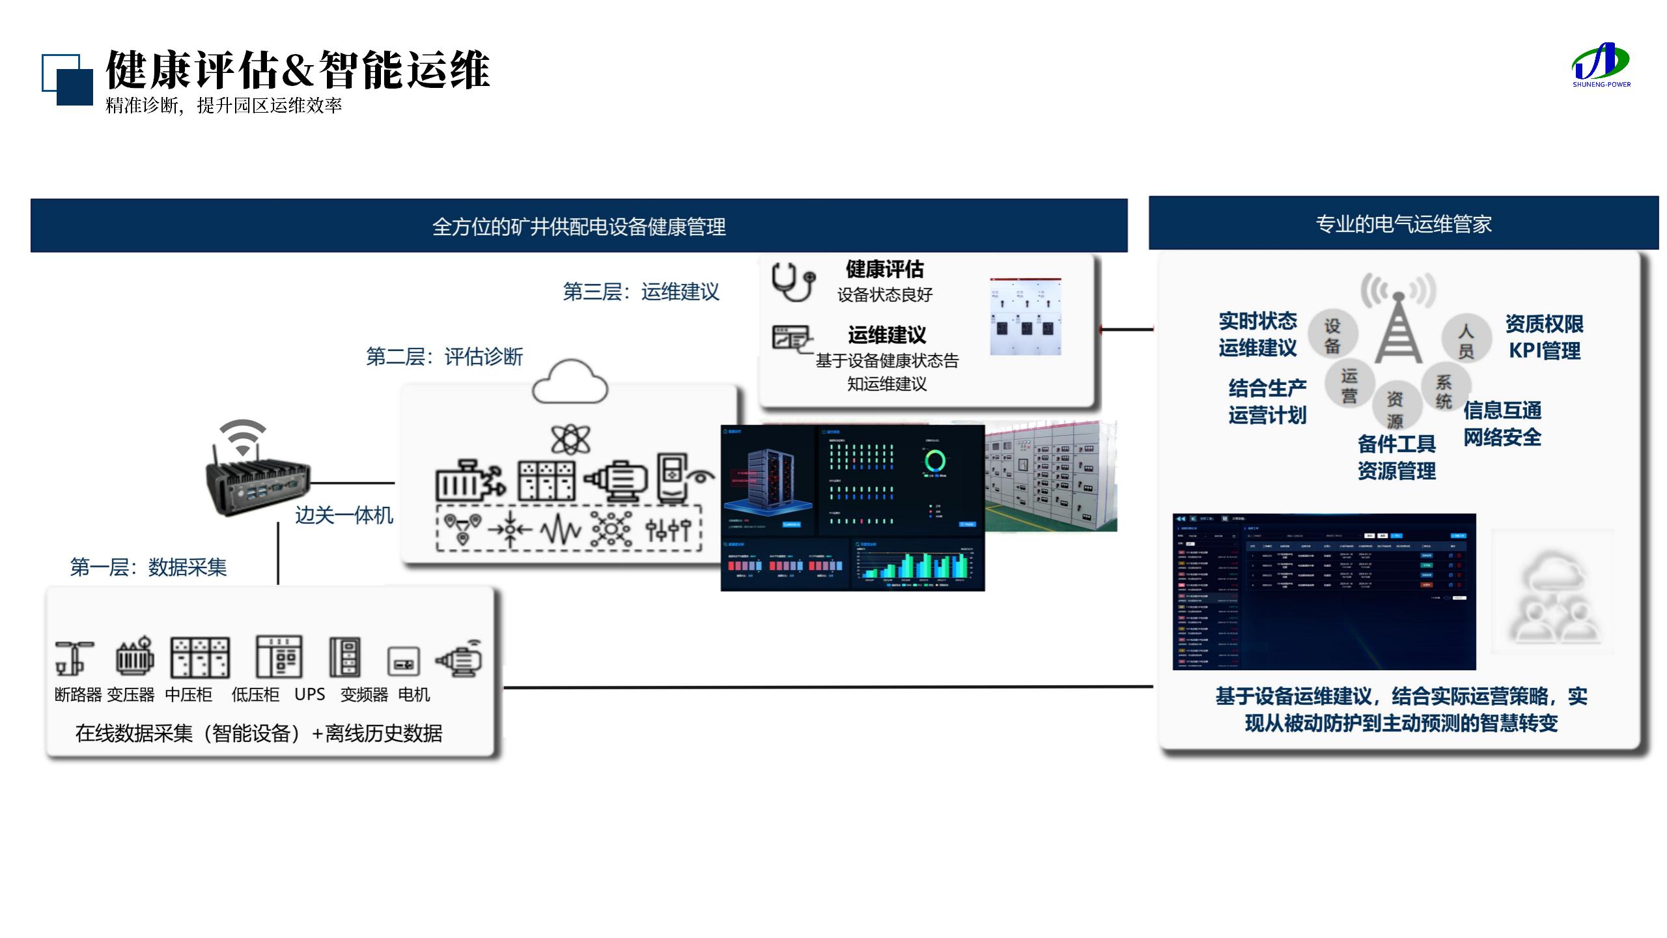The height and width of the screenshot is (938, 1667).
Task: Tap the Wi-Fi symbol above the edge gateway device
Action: [242, 436]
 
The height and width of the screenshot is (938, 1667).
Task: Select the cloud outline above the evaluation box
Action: [570, 382]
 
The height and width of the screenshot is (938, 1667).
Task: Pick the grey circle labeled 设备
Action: [1332, 335]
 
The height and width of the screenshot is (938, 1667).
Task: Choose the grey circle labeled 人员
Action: [1465, 341]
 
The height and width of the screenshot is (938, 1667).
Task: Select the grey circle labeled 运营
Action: [1349, 386]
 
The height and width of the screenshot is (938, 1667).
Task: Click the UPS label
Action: [309, 694]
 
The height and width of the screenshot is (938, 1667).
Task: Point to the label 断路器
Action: [78, 695]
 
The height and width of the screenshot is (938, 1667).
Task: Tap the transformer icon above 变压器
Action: [135, 657]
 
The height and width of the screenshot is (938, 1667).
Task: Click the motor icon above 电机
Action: [460, 659]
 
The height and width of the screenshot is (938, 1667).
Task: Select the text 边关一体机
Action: [344, 515]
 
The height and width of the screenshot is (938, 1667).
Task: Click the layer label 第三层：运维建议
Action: [641, 292]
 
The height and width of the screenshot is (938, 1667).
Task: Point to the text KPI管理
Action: [1544, 351]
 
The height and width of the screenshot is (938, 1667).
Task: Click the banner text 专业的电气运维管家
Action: [1403, 224]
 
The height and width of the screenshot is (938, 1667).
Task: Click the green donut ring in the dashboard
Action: [935, 461]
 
